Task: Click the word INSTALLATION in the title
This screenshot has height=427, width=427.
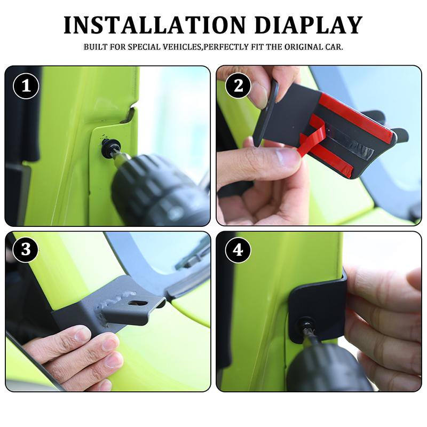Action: pos(154,25)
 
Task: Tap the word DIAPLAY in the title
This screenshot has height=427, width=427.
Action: pos(309,25)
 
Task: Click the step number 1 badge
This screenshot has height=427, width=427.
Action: pos(26,86)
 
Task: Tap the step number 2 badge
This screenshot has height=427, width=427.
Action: pos(238,86)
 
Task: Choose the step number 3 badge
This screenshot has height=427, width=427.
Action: pos(26,249)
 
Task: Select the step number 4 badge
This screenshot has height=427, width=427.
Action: pos(238,249)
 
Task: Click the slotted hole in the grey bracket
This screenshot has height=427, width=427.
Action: pos(138,303)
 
